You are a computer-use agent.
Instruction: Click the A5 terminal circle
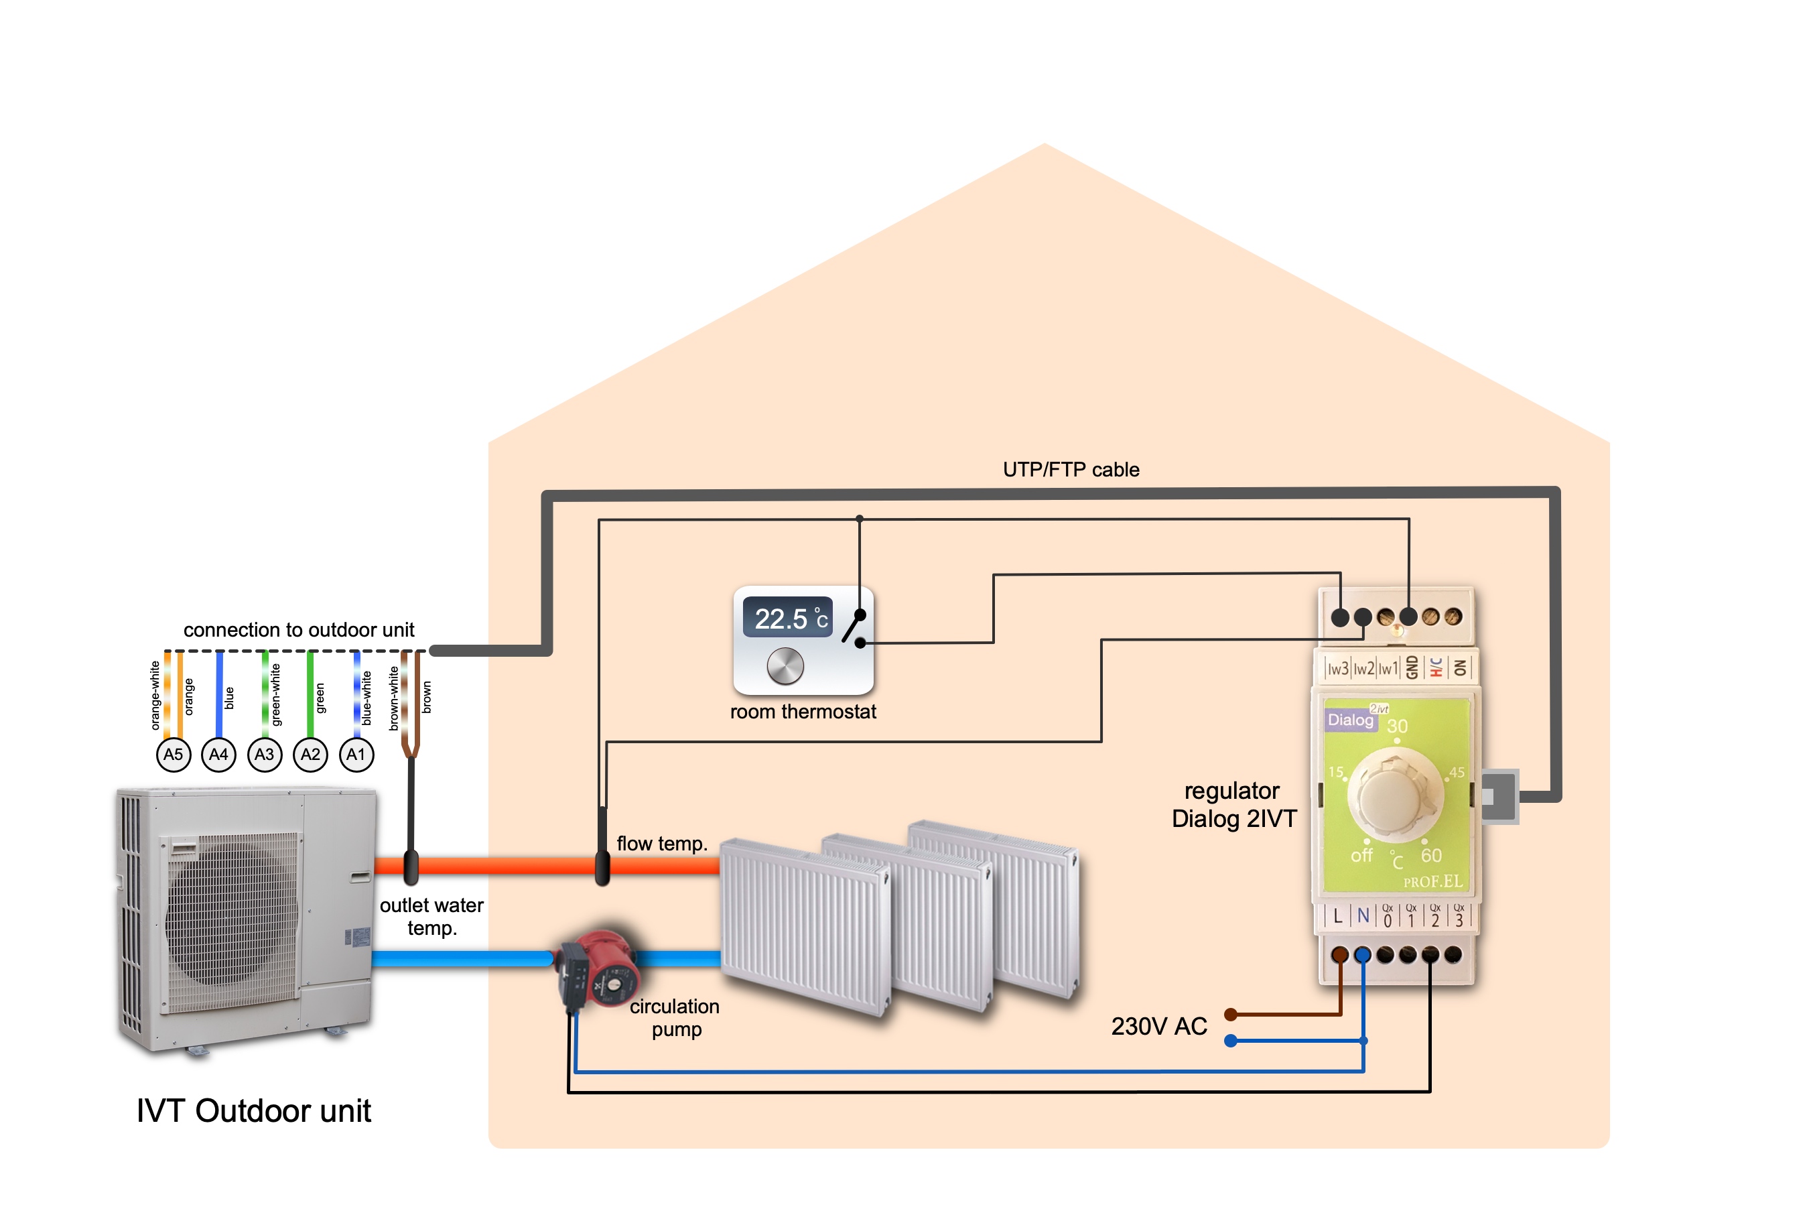pos(173,755)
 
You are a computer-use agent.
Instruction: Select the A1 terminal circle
pos(356,755)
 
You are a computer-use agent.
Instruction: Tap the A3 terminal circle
pos(265,755)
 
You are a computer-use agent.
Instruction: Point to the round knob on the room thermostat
pos(785,666)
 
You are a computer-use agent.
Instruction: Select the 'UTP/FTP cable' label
pos(1071,470)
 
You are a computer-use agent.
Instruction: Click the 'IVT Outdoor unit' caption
pos(254,1110)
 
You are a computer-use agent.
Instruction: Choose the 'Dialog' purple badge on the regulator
pos(1350,720)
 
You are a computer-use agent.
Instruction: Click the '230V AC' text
pos(1158,1026)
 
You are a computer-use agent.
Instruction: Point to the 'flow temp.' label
pos(662,844)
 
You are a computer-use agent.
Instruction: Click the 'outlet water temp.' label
pos(431,917)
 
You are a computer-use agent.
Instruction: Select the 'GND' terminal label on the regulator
pos(1412,667)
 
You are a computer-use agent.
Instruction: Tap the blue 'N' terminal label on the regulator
pos(1363,916)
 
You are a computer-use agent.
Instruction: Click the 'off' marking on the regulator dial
pos(1361,855)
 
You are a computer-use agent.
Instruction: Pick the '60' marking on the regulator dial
pos(1431,855)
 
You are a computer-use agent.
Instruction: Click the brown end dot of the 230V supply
pos(1230,1015)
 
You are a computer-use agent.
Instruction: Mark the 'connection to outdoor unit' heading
pos(299,629)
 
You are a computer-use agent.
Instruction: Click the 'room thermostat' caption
pos(803,712)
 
